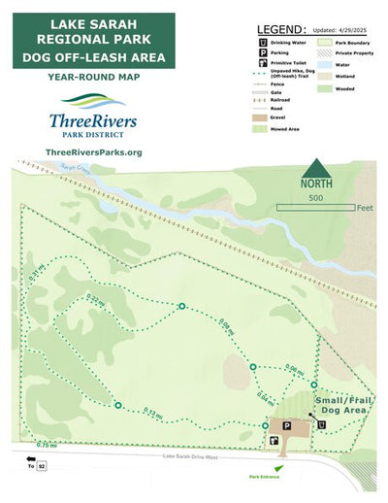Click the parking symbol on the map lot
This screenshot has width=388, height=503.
[286, 425]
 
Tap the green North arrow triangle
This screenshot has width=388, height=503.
[312, 166]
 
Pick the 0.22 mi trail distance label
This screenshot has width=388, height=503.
[94, 300]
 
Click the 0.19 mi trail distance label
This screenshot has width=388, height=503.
[151, 413]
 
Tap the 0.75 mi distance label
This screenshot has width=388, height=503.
[45, 445]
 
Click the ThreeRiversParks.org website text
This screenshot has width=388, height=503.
[94, 152]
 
